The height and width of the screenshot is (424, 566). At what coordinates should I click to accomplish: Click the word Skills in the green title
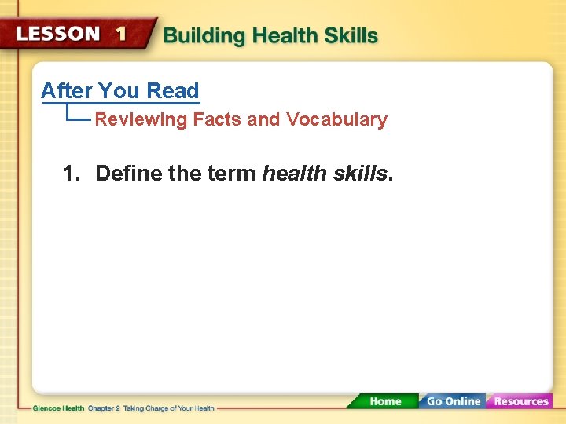[x=351, y=36]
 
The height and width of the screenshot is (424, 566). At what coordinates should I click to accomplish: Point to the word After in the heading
[x=67, y=91]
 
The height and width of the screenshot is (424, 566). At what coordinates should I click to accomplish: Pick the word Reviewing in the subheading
[x=141, y=120]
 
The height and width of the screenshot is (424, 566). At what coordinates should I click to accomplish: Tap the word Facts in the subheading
[x=218, y=120]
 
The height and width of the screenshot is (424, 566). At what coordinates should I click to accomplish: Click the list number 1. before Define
[x=72, y=173]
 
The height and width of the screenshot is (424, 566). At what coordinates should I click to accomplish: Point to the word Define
[x=129, y=173]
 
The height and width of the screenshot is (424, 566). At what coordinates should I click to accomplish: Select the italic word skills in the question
[x=359, y=173]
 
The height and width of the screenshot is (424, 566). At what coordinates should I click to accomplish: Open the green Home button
[x=385, y=401]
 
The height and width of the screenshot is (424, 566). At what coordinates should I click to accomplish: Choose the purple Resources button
[x=520, y=401]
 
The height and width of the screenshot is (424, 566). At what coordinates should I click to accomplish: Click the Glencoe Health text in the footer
[x=59, y=408]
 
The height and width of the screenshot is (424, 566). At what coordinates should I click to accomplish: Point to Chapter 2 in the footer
[x=104, y=408]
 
